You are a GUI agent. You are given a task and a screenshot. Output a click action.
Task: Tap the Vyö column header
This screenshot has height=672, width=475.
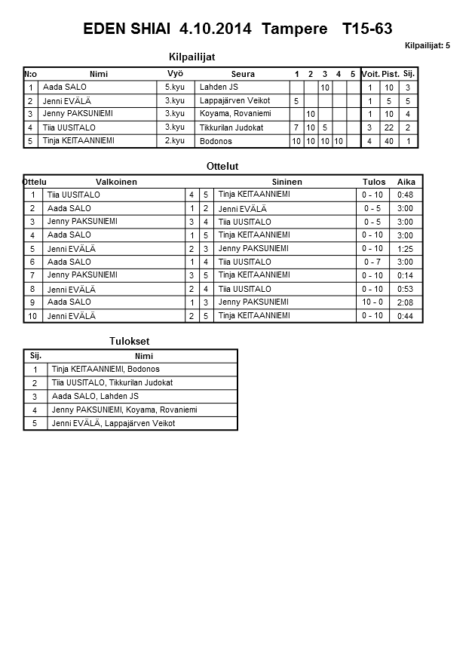pos(175,73)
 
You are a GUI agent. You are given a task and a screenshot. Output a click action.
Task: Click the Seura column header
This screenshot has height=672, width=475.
pos(243,74)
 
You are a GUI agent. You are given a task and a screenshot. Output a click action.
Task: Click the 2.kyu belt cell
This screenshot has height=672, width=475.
pos(174,141)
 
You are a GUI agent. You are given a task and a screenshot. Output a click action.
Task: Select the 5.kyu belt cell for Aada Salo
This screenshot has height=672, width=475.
pos(174,87)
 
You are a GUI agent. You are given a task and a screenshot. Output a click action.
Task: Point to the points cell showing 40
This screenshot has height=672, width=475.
pos(390,141)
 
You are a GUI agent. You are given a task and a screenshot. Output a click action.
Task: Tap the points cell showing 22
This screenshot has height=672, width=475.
pos(390,128)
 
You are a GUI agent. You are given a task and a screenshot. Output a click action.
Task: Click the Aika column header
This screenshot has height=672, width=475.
pos(406,182)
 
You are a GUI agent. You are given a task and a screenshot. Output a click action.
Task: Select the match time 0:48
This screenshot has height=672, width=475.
pos(405,195)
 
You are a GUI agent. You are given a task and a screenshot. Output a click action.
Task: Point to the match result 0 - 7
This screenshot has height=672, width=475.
pos(372,262)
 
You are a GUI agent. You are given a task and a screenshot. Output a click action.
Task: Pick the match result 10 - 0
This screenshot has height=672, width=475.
pos(372,302)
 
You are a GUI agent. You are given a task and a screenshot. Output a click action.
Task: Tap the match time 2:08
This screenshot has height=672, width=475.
pos(405,302)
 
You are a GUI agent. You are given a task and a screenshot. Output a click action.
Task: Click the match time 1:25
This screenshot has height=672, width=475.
pos(405,249)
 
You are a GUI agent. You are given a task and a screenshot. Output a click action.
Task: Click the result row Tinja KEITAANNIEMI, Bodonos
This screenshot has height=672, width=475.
pos(106,370)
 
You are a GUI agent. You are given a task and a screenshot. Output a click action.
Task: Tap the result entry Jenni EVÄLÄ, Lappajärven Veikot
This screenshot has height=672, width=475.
pos(113,424)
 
